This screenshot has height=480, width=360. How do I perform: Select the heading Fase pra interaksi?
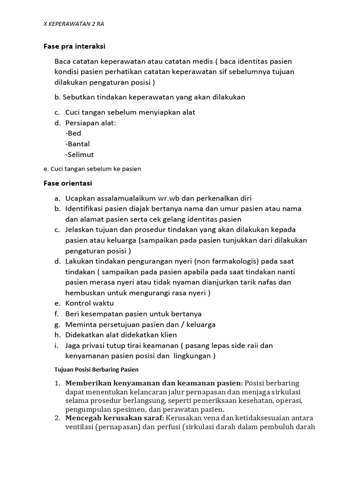74,46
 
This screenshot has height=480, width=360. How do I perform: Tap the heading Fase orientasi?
67,183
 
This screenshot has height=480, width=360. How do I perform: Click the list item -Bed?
73,133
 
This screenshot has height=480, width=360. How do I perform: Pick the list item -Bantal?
77,144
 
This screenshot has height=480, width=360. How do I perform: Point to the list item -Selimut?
80,155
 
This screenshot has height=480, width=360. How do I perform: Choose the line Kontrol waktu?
90,303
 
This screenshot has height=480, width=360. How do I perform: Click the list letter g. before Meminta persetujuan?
56,324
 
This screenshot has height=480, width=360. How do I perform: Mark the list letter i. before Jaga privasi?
56,345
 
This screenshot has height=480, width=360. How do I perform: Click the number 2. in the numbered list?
57,418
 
